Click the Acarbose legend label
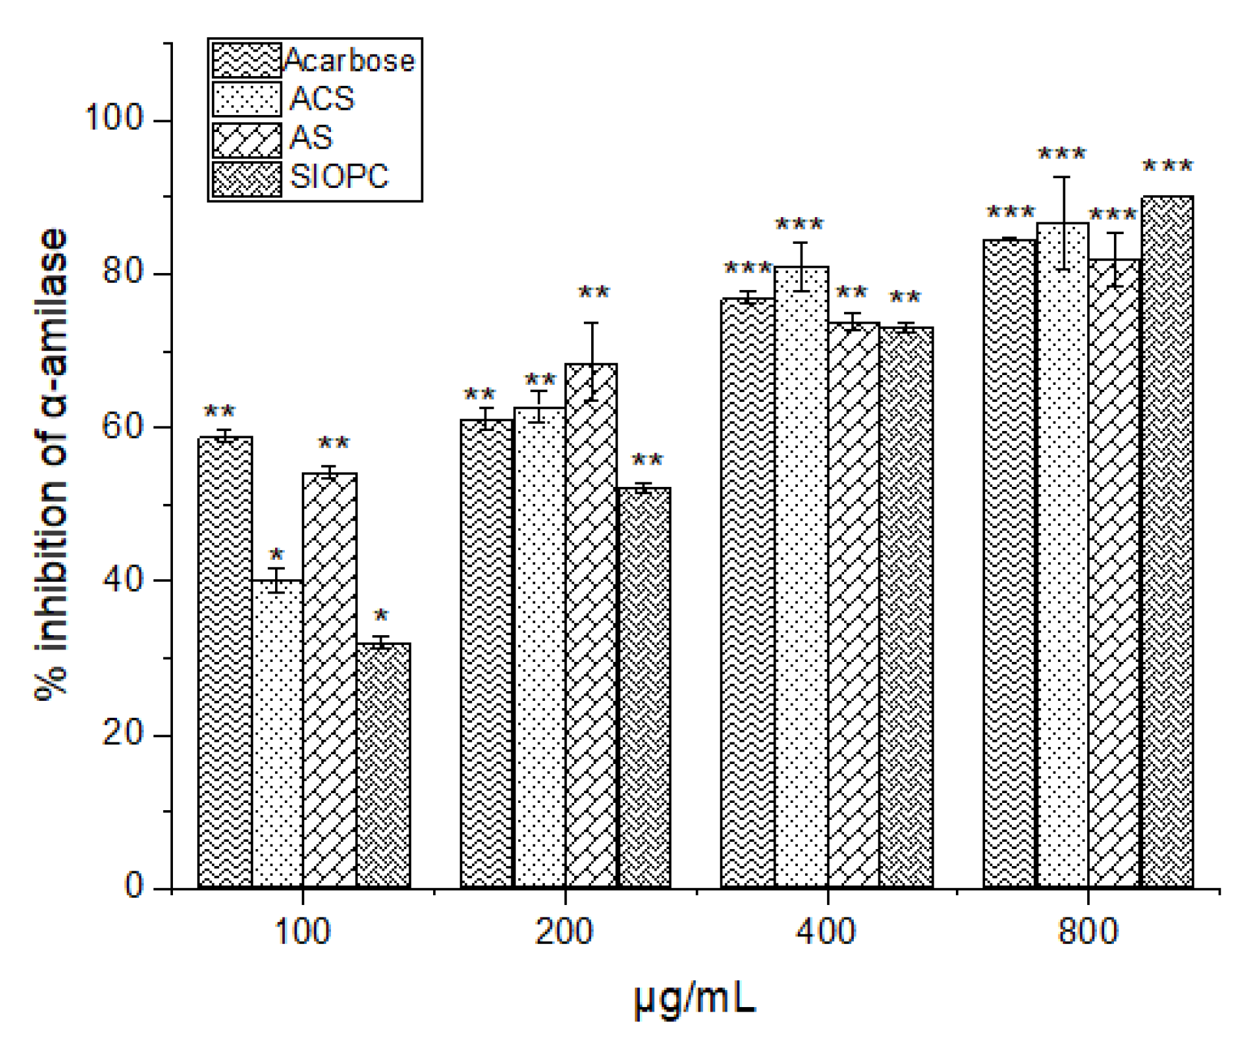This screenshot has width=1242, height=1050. tap(349, 60)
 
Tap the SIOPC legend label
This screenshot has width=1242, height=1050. tap(339, 176)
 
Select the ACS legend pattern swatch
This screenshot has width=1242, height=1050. tap(247, 99)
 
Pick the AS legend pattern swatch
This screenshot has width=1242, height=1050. tap(247, 139)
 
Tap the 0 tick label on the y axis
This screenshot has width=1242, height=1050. tap(133, 886)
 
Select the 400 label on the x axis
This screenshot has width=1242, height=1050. tap(826, 931)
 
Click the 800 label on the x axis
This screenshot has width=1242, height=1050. tap(1088, 931)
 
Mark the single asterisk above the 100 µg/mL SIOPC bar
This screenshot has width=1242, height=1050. tap(381, 615)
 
